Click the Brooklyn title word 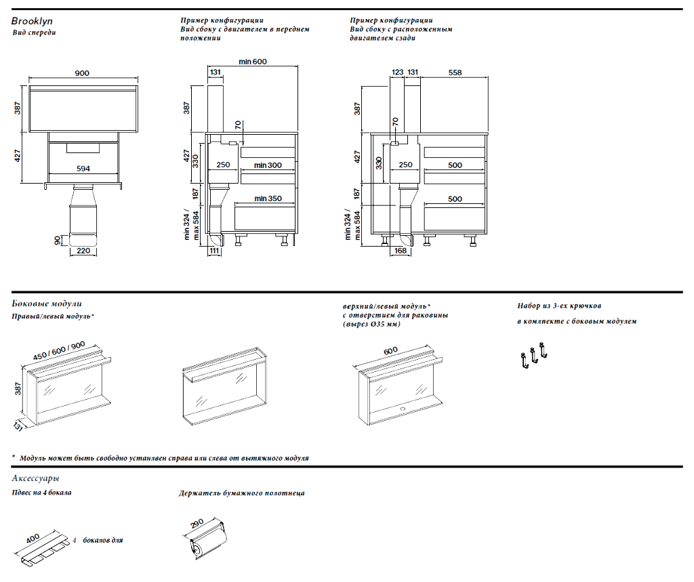(32, 22)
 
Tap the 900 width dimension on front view (82, 74)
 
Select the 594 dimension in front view (82, 168)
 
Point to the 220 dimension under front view (83, 251)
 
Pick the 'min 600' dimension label (253, 62)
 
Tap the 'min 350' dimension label (268, 199)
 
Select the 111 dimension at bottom (214, 251)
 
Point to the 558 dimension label (455, 72)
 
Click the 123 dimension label (398, 72)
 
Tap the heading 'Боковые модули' (47, 304)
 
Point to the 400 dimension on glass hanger (33, 536)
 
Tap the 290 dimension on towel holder (197, 524)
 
